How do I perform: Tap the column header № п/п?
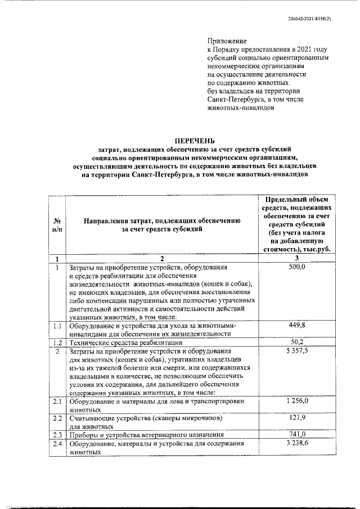pyautogui.click(x=56, y=225)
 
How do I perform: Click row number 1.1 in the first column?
pyautogui.click(x=57, y=326)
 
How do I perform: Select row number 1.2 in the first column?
pyautogui.click(x=57, y=343)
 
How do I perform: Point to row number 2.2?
pyautogui.click(x=57, y=418)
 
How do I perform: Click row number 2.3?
pyautogui.click(x=57, y=435)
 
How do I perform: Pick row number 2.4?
pyautogui.click(x=57, y=444)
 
